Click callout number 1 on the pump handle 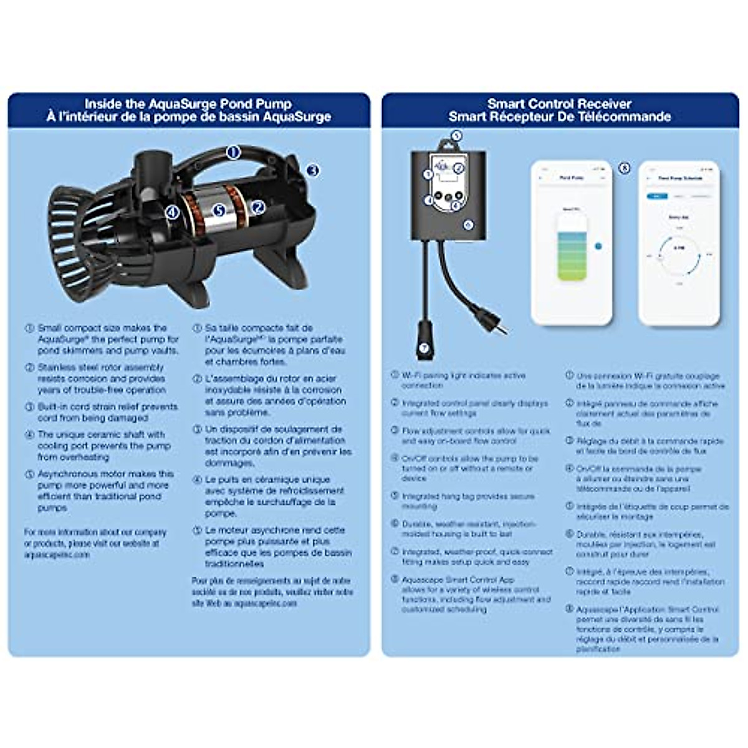coord(233,152)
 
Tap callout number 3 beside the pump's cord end coord(313,170)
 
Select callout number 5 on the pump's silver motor coord(219,211)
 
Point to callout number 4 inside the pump coord(173,213)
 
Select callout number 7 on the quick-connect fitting coord(424,348)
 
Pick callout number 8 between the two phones coord(624,168)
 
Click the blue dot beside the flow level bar coord(598,246)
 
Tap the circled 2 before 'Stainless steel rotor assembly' coord(29,367)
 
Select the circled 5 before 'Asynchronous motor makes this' coord(29,474)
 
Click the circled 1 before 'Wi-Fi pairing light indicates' coord(395,375)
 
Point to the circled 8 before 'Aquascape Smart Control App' coord(395,579)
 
